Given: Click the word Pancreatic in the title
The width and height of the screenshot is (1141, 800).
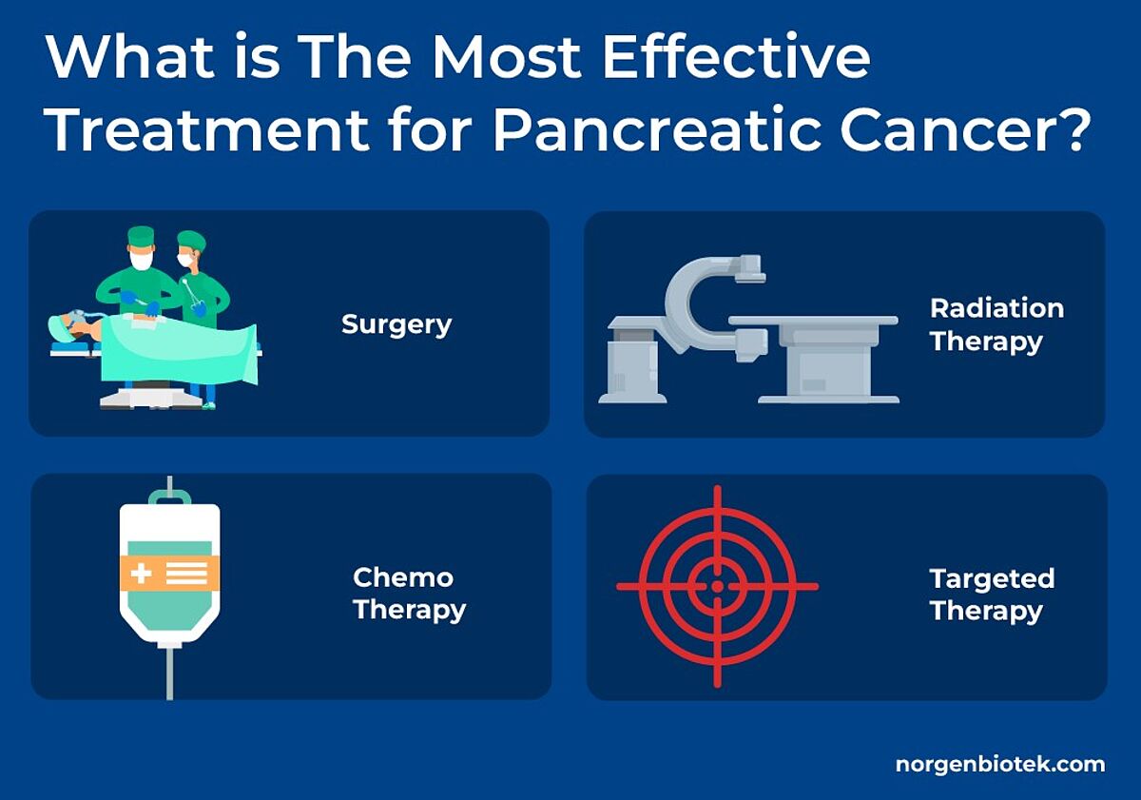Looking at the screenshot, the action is click(657, 129).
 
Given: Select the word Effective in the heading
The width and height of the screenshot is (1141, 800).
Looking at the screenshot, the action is click(736, 56).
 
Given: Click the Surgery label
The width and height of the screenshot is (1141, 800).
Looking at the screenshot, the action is click(396, 325).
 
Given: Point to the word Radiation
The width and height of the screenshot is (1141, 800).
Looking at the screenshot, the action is click(996, 308).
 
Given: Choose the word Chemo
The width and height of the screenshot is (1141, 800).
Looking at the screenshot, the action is click(403, 577).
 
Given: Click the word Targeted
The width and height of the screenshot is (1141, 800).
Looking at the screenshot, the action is click(992, 579).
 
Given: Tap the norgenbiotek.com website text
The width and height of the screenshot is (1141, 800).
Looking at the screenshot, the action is click(1000, 765).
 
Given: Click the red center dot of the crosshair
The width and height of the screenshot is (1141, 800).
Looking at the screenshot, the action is click(717, 587).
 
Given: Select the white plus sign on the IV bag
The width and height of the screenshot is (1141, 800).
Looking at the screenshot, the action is click(141, 574).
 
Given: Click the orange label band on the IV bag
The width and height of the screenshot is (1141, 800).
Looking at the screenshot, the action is click(169, 574).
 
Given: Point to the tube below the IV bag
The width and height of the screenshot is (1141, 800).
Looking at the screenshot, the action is click(169, 673).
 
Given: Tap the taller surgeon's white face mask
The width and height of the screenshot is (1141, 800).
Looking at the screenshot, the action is click(141, 260).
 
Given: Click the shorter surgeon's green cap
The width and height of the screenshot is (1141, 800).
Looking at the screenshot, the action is click(191, 240).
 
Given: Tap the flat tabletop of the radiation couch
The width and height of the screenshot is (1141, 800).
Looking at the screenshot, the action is click(813, 321).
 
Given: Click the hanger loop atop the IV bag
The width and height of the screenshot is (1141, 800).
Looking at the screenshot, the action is click(169, 497).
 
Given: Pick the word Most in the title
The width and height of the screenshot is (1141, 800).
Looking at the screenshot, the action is click(506, 56).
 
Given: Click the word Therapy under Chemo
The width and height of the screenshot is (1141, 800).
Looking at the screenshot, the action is click(410, 610).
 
